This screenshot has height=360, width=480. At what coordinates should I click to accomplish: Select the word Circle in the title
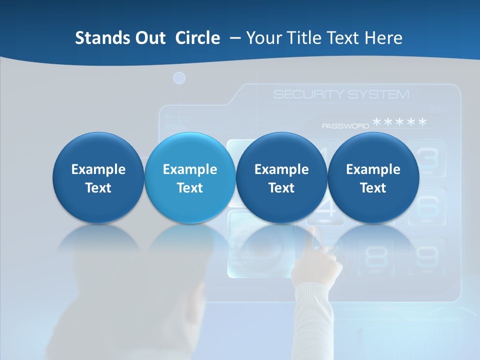197,38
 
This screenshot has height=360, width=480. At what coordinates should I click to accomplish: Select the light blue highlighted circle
190,177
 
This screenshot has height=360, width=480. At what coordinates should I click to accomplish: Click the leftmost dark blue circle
98,177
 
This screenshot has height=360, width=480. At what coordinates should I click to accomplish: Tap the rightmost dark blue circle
373,177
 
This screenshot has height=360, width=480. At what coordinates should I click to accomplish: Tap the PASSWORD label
345,126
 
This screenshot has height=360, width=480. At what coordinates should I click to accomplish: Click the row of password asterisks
400,123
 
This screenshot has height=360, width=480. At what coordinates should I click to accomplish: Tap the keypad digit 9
426,256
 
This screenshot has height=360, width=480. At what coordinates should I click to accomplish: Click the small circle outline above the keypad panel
179,78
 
